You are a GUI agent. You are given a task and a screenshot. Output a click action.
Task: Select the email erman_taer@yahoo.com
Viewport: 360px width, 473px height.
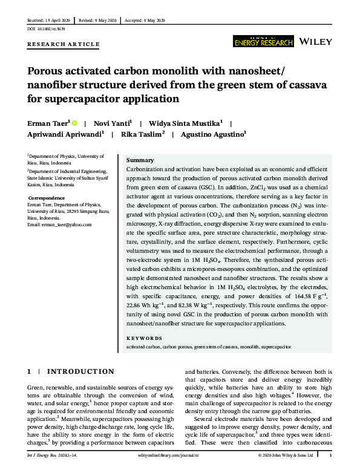(59, 224)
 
